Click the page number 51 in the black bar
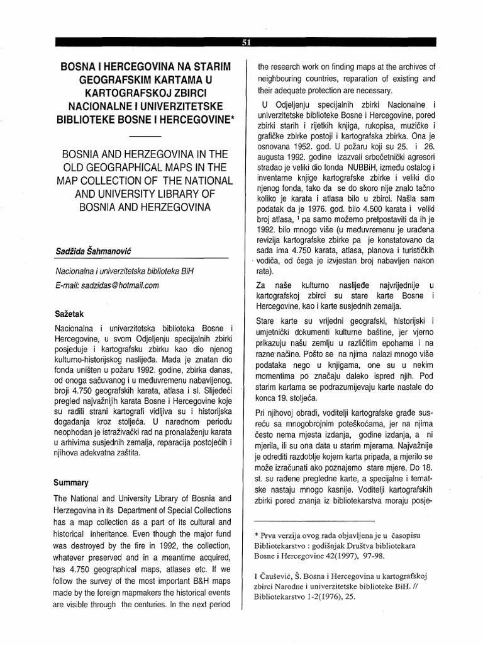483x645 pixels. click(246, 43)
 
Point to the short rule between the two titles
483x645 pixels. click(149, 136)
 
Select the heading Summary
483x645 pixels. click(72, 482)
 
